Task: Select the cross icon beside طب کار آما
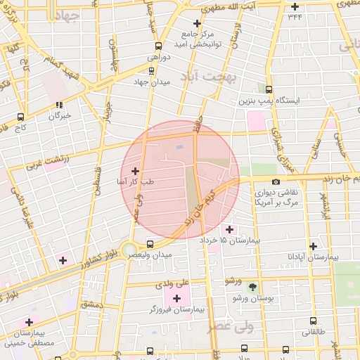(x=135, y=171)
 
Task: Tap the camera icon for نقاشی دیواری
(x=276, y=181)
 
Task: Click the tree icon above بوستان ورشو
(x=253, y=287)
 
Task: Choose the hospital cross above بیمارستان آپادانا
(x=313, y=246)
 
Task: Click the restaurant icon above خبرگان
(x=59, y=105)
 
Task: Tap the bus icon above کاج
(x=20, y=117)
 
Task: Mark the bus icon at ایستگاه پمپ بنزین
(x=269, y=89)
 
